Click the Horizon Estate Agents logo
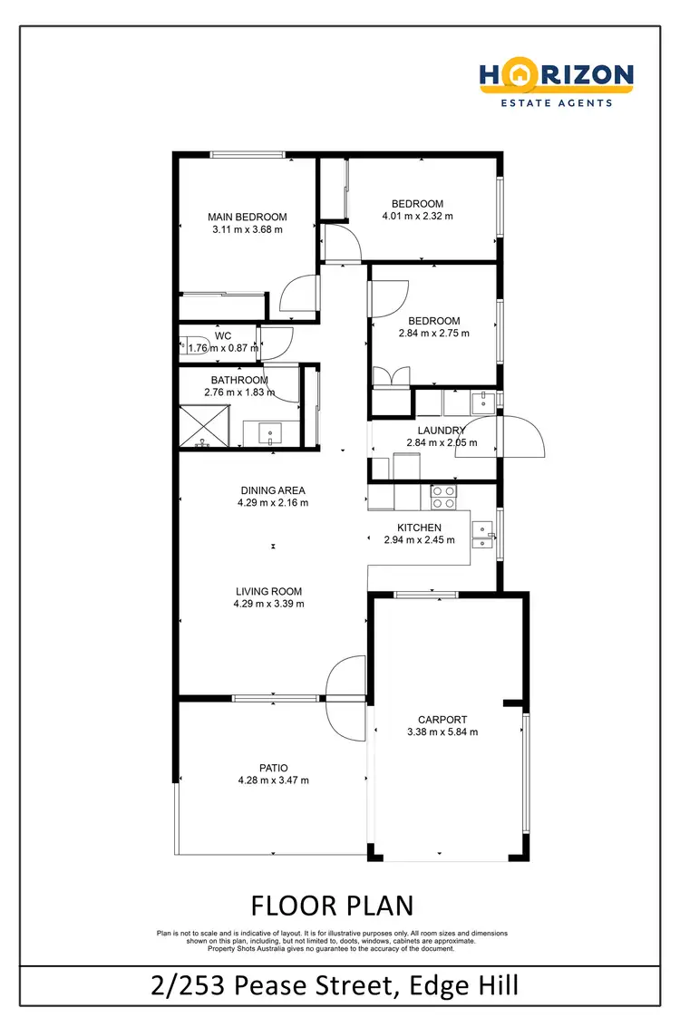point(557,84)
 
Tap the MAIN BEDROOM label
point(247,217)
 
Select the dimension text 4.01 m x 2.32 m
point(417,216)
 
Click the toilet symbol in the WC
point(191,345)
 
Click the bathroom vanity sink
point(272,434)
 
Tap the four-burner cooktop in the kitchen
point(443,496)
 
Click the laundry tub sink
point(481,401)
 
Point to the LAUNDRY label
point(441,431)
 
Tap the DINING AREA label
point(272,490)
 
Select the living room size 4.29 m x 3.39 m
point(268,603)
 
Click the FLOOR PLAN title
point(332,905)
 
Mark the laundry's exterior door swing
point(523,436)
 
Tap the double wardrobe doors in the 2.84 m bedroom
point(391,376)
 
